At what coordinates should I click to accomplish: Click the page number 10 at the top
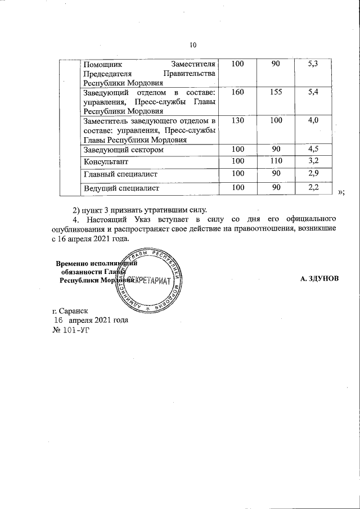tap(193, 46)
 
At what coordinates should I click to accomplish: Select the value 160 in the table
tap(237, 92)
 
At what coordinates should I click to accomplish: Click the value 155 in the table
tap(276, 92)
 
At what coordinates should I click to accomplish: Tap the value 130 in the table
tap(237, 121)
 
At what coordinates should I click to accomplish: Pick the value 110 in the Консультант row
tap(276, 161)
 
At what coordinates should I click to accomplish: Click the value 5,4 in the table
tap(314, 92)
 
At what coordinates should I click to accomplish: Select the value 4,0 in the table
tap(314, 121)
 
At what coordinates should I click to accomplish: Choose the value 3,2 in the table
tap(314, 161)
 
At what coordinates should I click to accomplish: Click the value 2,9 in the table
tap(314, 174)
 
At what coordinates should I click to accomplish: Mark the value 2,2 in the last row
tap(314, 187)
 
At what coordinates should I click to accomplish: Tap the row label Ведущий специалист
tap(121, 188)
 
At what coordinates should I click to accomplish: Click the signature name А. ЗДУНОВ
tap(319, 279)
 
